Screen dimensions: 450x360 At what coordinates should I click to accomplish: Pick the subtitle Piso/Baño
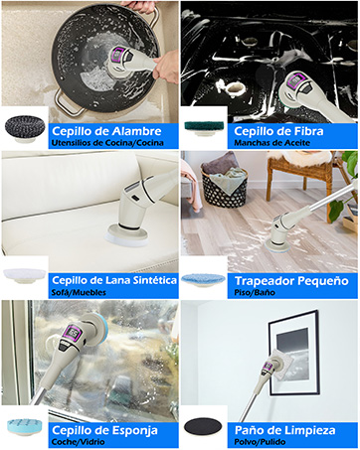(256, 294)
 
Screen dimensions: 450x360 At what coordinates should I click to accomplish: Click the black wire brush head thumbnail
(24, 129)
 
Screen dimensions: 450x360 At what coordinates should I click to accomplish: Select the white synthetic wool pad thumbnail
(24, 274)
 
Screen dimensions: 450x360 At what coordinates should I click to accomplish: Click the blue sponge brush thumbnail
(25, 426)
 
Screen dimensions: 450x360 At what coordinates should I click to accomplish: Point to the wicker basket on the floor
(221, 186)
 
